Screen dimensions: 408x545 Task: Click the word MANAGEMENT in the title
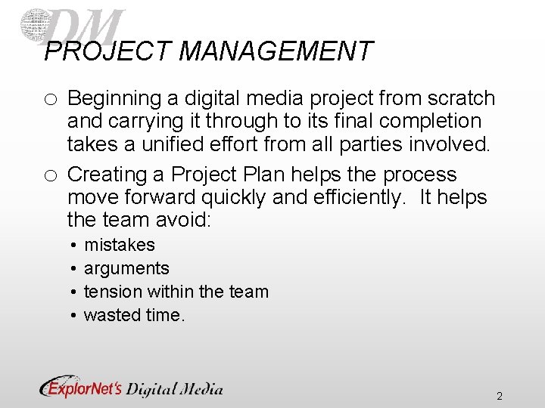point(276,52)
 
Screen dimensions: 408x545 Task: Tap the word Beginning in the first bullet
point(114,99)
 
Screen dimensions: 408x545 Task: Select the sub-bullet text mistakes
point(119,245)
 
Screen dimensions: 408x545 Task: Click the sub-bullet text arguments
point(126,268)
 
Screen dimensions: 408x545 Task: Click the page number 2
point(500,396)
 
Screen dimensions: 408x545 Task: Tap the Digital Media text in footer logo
point(174,388)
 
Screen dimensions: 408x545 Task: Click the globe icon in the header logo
point(35,25)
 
